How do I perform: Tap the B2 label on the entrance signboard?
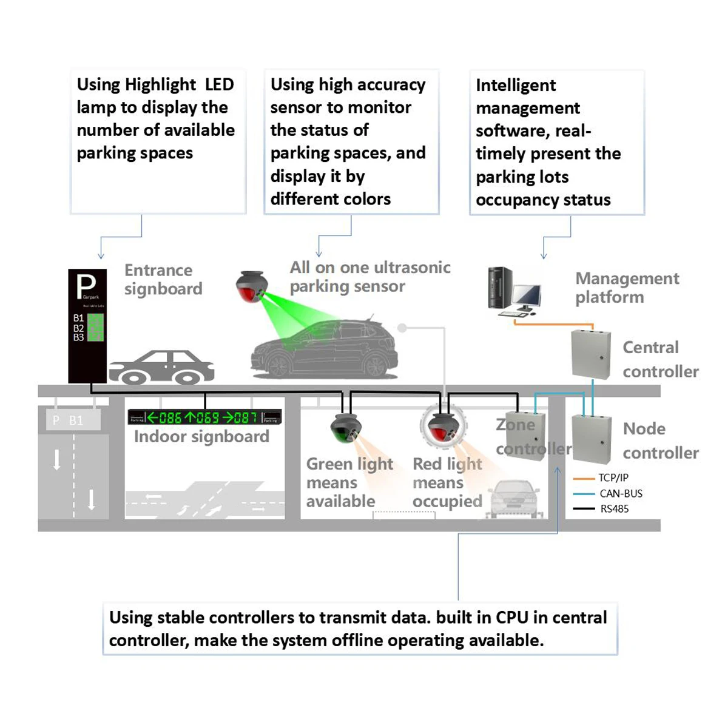79,328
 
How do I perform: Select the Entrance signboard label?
163,279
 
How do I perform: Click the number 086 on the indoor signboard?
170,418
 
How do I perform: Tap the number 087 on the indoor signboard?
246,418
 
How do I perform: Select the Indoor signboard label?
201,437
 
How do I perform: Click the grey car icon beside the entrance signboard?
162,367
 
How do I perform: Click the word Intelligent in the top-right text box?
516,86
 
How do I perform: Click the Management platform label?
627,288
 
